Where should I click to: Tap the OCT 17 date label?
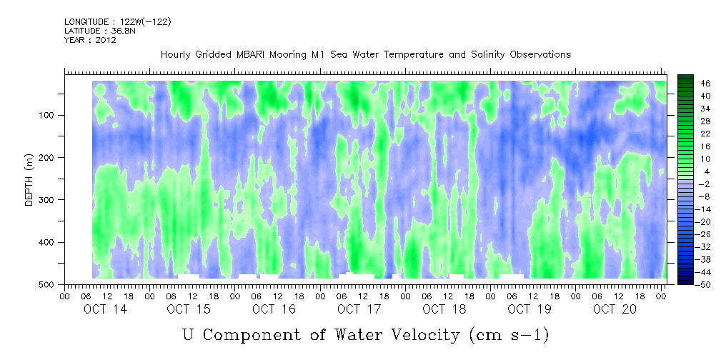point(359,309)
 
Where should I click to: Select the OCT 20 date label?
point(615,309)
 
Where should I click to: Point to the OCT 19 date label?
point(529,309)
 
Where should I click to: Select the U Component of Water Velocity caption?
point(365,334)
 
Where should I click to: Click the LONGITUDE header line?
point(117,22)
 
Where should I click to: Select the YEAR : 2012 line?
point(90,40)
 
